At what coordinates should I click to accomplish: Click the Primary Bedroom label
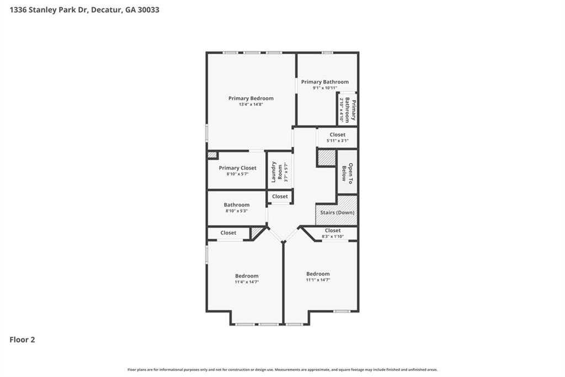(251, 98)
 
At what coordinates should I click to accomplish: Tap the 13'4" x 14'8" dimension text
(251, 104)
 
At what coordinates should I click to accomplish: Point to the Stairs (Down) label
(337, 213)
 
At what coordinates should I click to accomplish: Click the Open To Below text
(347, 174)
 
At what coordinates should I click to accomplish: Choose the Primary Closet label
(237, 168)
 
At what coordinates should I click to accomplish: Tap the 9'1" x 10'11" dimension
(324, 88)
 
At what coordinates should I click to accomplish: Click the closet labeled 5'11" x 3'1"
(337, 134)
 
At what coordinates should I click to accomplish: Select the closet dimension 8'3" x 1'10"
(333, 237)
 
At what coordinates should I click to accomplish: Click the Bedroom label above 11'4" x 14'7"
(247, 276)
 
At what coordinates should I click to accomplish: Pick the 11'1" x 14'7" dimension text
(318, 280)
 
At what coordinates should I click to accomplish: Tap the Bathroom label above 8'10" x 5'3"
(237, 205)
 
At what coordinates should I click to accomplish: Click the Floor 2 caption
(22, 340)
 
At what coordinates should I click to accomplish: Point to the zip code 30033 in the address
(148, 9)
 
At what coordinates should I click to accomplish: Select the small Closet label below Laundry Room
(280, 196)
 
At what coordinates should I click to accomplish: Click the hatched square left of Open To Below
(326, 158)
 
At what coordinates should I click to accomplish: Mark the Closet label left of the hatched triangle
(228, 233)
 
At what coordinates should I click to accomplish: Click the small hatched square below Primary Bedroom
(212, 155)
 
